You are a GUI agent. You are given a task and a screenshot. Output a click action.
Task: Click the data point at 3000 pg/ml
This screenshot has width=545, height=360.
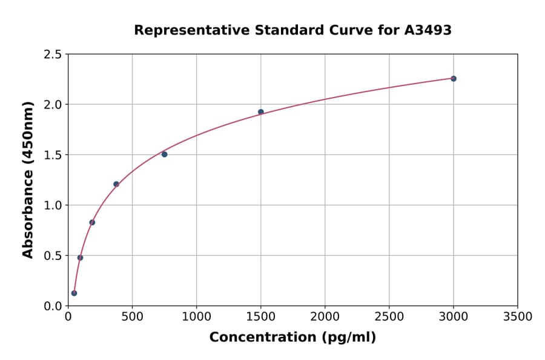pos(453,79)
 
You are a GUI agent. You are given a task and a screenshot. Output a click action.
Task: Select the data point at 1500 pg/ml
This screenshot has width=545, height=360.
pos(260,112)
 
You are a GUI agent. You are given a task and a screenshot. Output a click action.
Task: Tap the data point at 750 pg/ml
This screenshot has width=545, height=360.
pos(164,155)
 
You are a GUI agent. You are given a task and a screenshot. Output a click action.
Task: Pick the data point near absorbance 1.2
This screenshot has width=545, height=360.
pos(116,184)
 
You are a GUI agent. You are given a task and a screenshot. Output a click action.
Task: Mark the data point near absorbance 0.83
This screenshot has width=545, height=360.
pos(92,222)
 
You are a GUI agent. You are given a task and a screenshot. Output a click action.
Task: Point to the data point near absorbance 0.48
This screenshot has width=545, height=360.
pos(80,258)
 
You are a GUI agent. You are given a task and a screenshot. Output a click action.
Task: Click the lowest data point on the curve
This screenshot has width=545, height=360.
pos(74,293)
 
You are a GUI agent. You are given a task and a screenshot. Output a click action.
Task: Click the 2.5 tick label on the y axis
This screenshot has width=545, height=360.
pos(52,55)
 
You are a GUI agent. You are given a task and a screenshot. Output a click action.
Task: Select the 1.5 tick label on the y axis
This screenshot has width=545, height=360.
pos(52,155)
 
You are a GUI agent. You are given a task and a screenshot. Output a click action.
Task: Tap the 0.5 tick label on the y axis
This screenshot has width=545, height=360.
pos(52,256)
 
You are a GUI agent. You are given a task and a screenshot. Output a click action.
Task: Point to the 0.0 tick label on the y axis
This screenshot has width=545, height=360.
pos(52,306)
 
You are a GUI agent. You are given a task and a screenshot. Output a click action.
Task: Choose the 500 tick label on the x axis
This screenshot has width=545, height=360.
pos(132,316)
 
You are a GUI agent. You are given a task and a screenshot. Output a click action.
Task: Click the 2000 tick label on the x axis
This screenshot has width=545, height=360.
pos(325,316)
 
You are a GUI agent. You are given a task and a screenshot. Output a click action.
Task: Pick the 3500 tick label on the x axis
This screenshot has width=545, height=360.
pos(517,316)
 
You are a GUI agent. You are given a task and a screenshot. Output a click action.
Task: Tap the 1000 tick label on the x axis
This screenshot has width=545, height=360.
pos(196,316)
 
